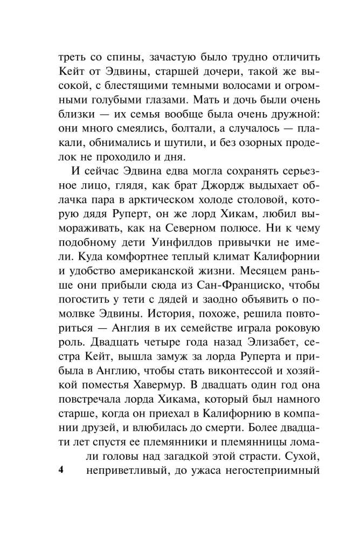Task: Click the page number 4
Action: [60, 469]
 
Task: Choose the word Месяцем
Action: [260, 269]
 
